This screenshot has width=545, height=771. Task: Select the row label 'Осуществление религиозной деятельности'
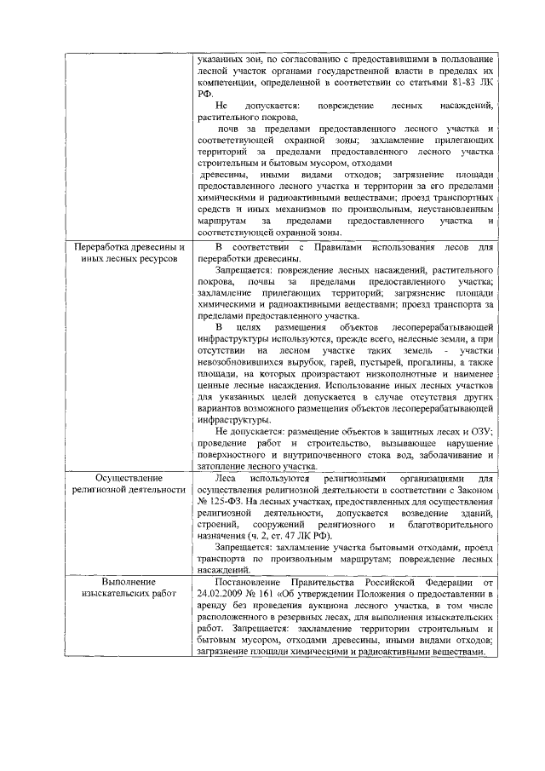pos(129,485)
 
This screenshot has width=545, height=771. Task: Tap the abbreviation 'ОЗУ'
pos(477,431)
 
